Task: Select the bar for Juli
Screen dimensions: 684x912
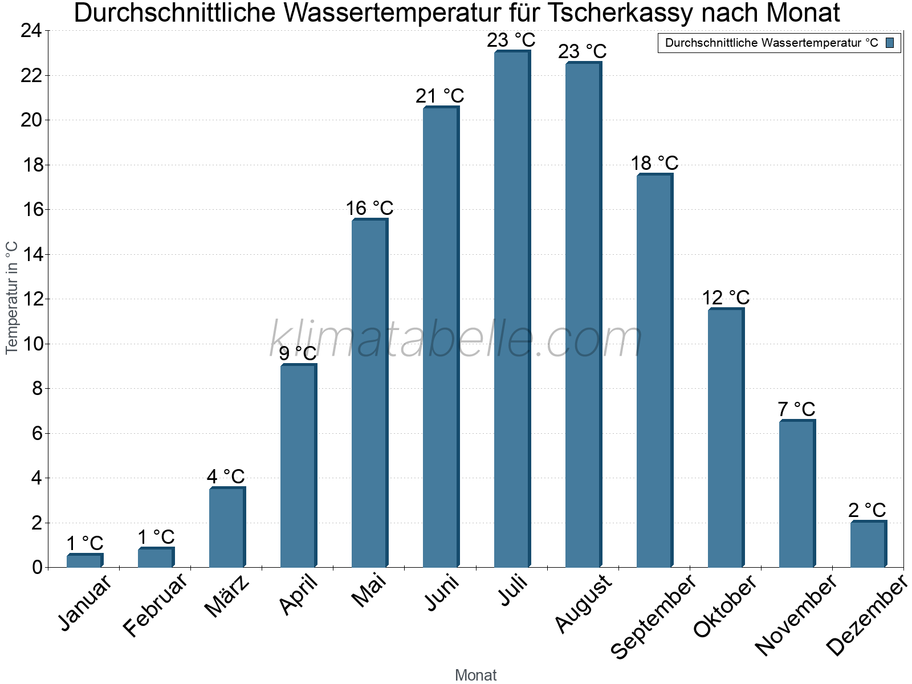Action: [511, 311]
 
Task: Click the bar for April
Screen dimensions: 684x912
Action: [298, 466]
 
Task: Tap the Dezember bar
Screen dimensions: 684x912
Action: [868, 545]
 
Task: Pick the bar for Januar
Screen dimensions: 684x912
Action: [84, 561]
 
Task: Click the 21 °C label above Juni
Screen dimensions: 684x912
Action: [439, 96]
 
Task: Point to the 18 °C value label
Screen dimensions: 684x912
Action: [654, 164]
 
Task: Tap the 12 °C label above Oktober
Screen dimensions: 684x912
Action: [725, 298]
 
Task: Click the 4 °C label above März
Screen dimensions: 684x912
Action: [226, 477]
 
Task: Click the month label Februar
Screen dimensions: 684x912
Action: [155, 605]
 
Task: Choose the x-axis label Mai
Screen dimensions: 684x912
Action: [369, 591]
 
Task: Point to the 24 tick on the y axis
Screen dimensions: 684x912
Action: [31, 31]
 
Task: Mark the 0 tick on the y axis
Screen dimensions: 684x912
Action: [37, 568]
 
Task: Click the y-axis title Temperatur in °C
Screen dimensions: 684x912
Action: [12, 298]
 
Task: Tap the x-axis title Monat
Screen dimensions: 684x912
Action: [475, 675]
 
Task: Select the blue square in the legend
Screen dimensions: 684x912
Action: [890, 43]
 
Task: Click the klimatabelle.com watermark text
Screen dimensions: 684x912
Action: [456, 340]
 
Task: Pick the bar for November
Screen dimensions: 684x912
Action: [796, 494]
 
